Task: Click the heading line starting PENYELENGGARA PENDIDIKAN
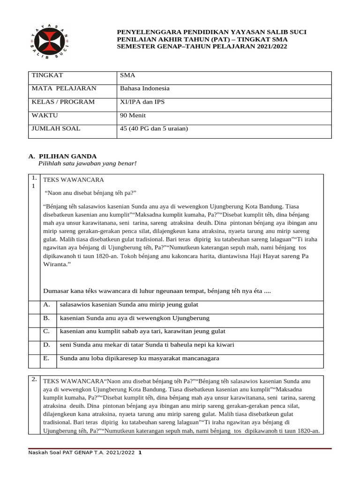[x=211, y=32]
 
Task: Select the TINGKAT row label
[x=47, y=75]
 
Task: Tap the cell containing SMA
[x=127, y=75]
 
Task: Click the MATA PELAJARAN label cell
[x=64, y=88]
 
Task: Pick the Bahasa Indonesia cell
[x=145, y=88]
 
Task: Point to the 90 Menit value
[x=133, y=115]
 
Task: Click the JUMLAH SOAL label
[x=56, y=128]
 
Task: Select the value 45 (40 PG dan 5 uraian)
[x=154, y=128]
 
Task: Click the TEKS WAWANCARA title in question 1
[x=74, y=180]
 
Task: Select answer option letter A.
[x=46, y=305]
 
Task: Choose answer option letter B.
[x=46, y=318]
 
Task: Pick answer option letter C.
[x=46, y=331]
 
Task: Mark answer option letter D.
[x=46, y=345]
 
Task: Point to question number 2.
[x=34, y=380]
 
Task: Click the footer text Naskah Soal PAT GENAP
[x=82, y=453]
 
